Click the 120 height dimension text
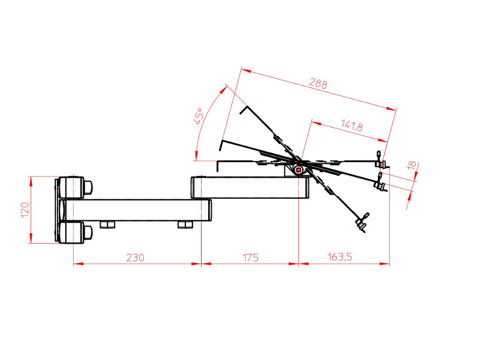[25, 210]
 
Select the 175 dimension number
[250, 257]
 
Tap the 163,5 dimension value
[340, 257]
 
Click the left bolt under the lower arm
[108, 224]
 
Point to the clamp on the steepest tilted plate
[362, 223]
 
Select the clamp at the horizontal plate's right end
[380, 160]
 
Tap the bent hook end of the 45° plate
[244, 110]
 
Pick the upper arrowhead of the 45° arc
[226, 88]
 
